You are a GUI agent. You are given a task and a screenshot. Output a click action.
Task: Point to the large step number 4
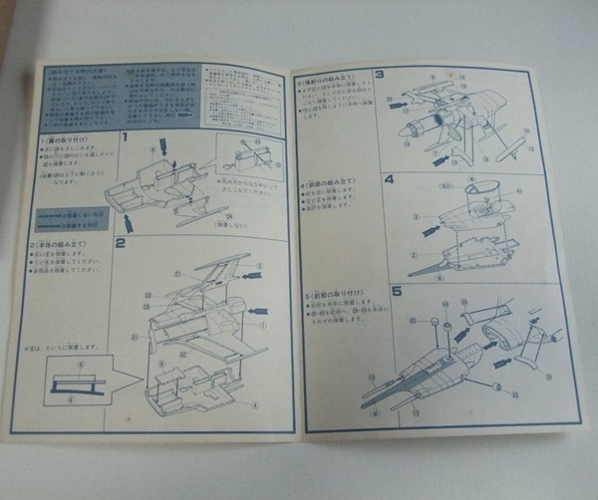[390, 179]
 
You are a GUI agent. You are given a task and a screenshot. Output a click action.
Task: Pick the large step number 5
[395, 292]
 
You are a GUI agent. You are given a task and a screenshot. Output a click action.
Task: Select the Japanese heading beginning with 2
[63, 245]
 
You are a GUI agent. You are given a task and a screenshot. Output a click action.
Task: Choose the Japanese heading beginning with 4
[329, 187]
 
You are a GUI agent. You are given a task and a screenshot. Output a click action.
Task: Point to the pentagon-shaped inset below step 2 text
[79, 382]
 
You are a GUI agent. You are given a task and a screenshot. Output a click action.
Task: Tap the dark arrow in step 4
[432, 230]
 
